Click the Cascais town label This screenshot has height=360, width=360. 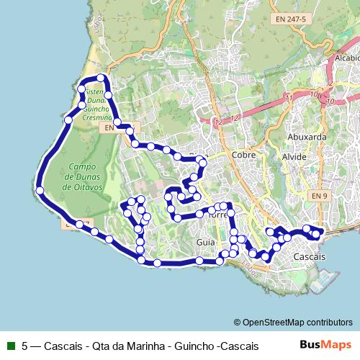(310, 256)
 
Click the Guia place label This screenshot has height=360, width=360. (204, 243)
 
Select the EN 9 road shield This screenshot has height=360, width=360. (320, 195)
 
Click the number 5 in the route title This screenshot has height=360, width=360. (25, 345)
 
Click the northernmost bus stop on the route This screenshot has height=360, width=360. (102, 78)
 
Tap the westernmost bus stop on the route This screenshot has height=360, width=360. (40, 191)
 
